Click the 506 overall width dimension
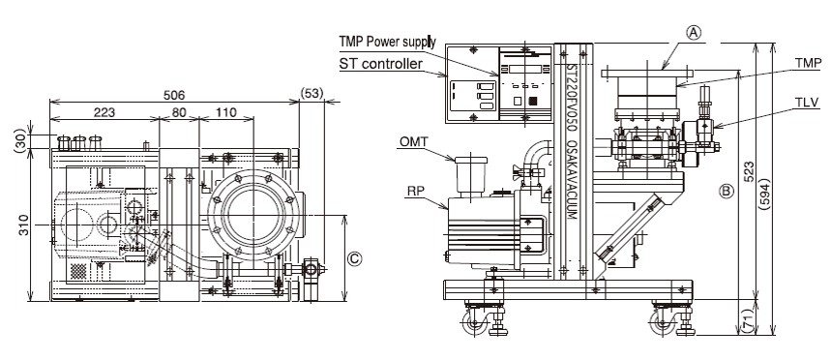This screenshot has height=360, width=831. [x=174, y=95]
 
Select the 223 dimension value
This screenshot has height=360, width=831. [x=104, y=112]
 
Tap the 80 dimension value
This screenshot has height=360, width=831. [x=179, y=112]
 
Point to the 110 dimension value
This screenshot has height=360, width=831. [x=226, y=112]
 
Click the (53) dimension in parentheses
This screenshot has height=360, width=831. [x=312, y=94]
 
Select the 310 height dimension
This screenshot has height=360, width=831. [x=24, y=225]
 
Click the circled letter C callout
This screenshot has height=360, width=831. [x=354, y=258]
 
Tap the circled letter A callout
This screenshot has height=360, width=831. [x=694, y=33]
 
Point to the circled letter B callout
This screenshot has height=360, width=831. [x=727, y=191]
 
